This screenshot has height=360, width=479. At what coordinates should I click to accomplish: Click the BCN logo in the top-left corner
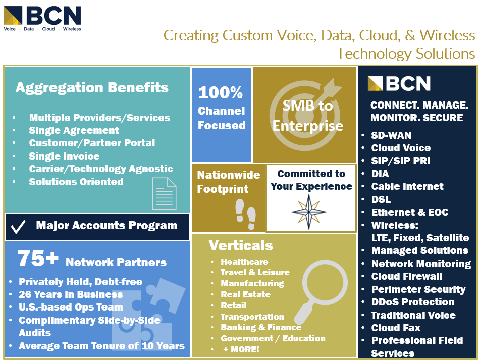42,18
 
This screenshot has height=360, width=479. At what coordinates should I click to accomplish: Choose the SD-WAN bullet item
391,135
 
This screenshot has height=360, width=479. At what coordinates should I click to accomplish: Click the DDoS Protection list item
412,302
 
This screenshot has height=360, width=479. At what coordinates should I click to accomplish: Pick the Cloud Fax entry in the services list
396,328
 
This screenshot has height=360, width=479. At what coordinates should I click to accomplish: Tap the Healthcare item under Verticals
244,262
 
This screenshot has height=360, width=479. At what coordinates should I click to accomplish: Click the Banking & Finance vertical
260,327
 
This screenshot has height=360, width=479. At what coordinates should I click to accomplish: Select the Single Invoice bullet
64,156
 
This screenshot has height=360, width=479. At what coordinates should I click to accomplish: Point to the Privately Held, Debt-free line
80,282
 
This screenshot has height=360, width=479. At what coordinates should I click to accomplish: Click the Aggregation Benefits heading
92,88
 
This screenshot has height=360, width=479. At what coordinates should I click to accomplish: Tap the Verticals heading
241,246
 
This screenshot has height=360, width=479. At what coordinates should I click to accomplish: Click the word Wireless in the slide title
447,35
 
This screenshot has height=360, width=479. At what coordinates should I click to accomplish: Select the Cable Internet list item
407,186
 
